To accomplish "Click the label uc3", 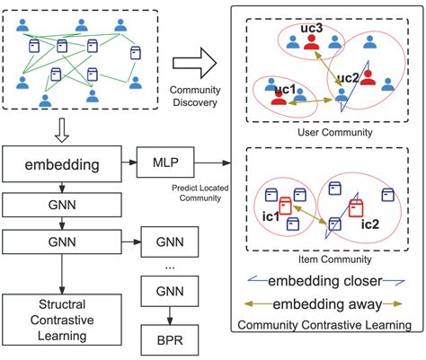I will point(311,30).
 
